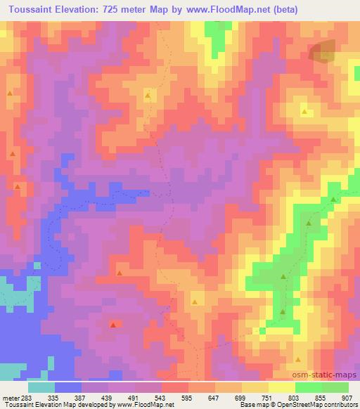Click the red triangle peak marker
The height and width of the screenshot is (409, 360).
coord(112,325)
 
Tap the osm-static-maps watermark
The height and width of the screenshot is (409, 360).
coord(330,375)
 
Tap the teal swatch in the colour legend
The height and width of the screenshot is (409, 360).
coord(41,387)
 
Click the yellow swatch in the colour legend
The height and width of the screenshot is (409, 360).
coord(255,387)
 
